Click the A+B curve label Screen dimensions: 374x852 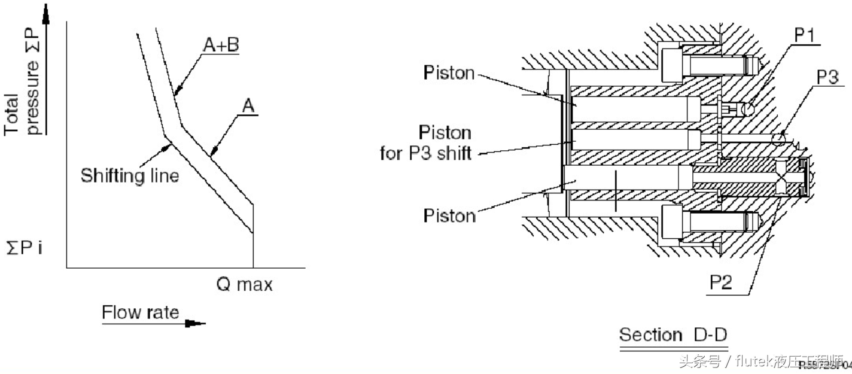[x=219, y=44]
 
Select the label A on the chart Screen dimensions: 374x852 [x=249, y=106]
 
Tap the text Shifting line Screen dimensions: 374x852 [x=130, y=176]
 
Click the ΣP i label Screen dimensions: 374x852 [x=24, y=247]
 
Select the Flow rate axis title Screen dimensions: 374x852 [x=141, y=312]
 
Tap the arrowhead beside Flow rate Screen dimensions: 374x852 [x=194, y=324]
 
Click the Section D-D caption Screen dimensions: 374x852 [x=673, y=335]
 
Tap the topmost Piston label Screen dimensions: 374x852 [x=449, y=74]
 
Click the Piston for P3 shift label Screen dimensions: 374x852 [x=426, y=142]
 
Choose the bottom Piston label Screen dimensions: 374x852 [x=449, y=215]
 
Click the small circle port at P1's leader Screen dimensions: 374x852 [x=747, y=109]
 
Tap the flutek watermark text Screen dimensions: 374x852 [x=760, y=361]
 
